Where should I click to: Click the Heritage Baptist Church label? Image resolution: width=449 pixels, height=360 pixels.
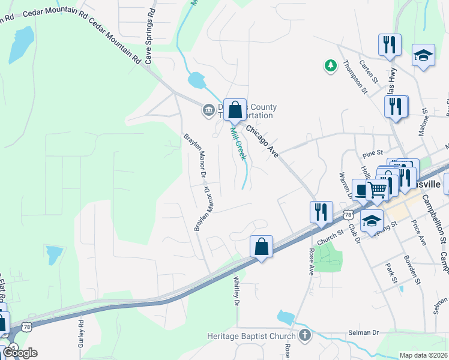252,336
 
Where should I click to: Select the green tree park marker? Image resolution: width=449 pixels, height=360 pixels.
330,66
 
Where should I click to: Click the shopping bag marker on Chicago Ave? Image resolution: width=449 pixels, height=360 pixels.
235,110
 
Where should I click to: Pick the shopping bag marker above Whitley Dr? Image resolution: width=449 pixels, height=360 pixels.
261,247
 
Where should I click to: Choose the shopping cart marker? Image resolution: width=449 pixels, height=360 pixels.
378,190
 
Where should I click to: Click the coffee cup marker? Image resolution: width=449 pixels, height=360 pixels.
361,190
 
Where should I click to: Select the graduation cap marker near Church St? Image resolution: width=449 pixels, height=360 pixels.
372,221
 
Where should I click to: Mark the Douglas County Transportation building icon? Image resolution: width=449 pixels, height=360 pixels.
208,109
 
